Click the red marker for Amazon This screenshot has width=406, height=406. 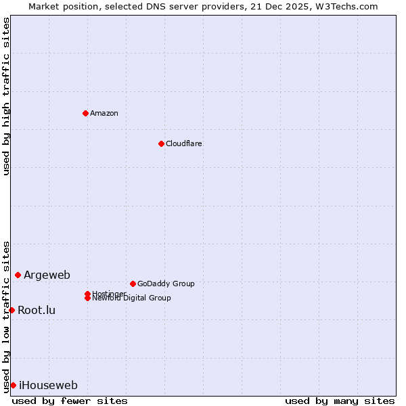coord(85,113)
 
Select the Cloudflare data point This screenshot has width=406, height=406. coord(161,143)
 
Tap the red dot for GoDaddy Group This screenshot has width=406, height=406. coord(133,284)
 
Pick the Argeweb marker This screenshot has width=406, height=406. coord(18,275)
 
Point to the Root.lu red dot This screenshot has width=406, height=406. coord(12,310)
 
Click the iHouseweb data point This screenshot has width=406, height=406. coord(13,385)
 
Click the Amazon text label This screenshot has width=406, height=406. coord(104,113)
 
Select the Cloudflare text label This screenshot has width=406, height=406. coord(184,143)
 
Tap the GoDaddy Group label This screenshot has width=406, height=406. coord(166,284)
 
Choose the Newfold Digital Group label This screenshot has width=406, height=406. coord(131,298)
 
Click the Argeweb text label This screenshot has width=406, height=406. coord(47,275)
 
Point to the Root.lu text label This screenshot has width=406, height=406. coord(37,311)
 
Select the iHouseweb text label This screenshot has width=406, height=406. coord(48,386)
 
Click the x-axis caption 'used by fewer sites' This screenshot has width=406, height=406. coord(70,401)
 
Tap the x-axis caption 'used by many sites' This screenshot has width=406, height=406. coord(340,401)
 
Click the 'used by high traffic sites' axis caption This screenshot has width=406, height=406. coord(7,96)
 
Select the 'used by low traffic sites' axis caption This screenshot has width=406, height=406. coord(7,316)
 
